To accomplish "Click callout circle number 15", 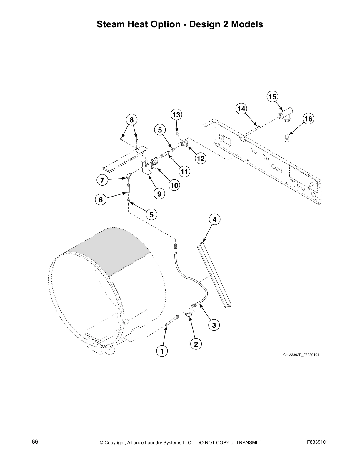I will coord(272,96).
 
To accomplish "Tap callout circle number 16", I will coord(308,119).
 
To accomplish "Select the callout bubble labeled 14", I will coord(241,109).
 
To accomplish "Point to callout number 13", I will coord(176,114).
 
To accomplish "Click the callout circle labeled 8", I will coord(131,120).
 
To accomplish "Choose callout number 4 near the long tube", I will coord(214,219).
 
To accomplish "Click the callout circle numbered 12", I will coord(200,159).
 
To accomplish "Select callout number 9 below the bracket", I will coord(159,194).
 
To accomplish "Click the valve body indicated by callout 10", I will coord(154,164).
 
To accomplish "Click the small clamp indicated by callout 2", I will coord(189,315).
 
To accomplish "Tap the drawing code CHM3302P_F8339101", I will coord(301,355).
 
